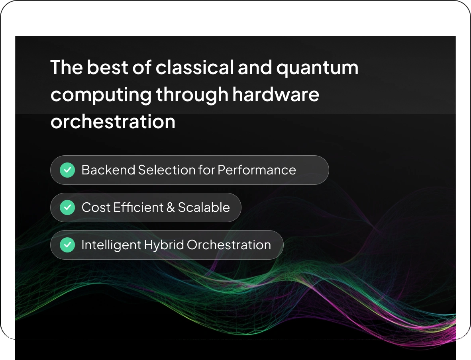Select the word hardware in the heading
click(x=276, y=95)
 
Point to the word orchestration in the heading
click(x=113, y=121)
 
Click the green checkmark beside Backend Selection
click(x=67, y=170)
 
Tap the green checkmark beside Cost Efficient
click(x=67, y=207)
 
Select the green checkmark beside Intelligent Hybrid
click(x=67, y=245)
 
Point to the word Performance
click(x=257, y=170)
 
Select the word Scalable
click(x=204, y=207)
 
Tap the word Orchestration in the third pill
click(x=229, y=245)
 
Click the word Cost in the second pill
click(x=95, y=207)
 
